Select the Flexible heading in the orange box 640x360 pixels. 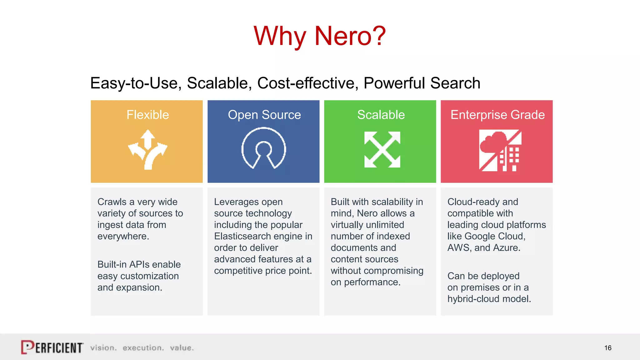click(x=147, y=115)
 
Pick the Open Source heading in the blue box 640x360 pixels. click(x=264, y=115)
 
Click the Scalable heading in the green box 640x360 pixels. click(x=381, y=115)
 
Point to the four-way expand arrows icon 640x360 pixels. click(x=382, y=149)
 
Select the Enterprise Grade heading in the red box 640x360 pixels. click(x=497, y=115)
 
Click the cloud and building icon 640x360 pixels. click(x=500, y=150)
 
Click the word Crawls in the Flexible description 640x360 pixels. click(x=112, y=202)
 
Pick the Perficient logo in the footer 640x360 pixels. click(x=52, y=347)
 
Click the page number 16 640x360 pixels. click(x=607, y=348)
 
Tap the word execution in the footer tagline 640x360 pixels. click(x=143, y=348)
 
